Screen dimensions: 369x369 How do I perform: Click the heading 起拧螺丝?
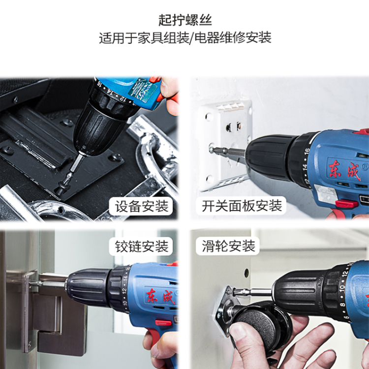pyautogui.click(x=185, y=20)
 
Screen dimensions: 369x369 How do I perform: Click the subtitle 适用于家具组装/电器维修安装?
pyautogui.click(x=185, y=38)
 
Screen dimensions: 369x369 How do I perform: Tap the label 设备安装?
pyautogui.click(x=141, y=206)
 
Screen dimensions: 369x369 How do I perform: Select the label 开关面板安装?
pyautogui.click(x=242, y=206)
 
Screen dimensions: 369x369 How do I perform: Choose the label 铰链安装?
pyautogui.click(x=141, y=246)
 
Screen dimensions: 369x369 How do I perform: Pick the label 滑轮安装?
pyautogui.click(x=228, y=246)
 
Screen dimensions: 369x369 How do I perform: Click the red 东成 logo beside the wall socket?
pyautogui.click(x=345, y=170)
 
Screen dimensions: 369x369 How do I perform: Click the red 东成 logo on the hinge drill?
pyautogui.click(x=161, y=296)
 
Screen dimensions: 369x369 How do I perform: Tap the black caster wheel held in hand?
pyautogui.click(x=261, y=326)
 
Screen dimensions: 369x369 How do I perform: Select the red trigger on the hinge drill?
pyautogui.click(x=163, y=323)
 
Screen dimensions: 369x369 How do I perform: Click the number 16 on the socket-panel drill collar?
pyautogui.click(x=307, y=153)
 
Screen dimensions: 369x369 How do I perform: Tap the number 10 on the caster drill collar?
pyautogui.click(x=342, y=288)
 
